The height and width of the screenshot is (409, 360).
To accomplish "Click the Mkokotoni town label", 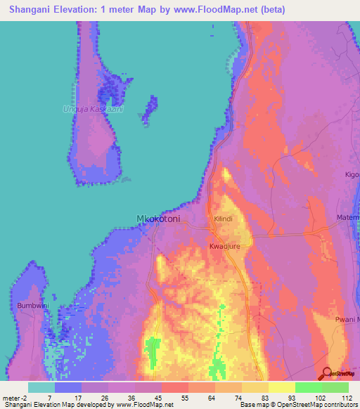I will point(157,219).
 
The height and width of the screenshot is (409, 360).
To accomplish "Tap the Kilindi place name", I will point(223,219).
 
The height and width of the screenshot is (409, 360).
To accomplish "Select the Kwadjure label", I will point(224,247).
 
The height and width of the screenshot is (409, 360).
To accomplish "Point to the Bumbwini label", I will point(31,306).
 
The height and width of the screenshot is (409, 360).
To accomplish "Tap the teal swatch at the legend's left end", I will point(41,387).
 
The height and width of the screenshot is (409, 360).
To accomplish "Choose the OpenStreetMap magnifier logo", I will point(327,374).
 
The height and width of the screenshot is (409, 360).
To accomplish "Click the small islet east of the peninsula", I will point(150,109).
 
